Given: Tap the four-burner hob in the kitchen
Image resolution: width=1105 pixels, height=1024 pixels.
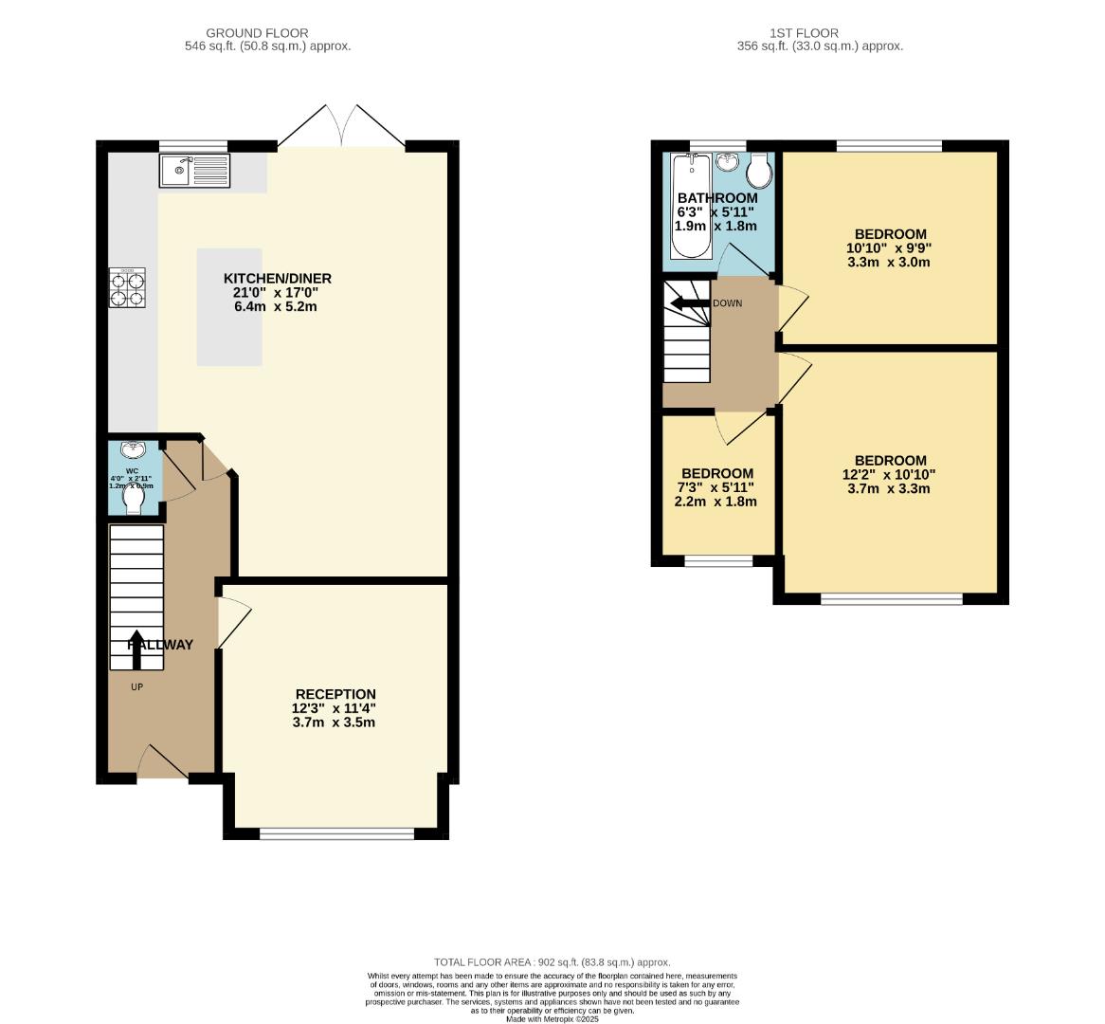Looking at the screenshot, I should (x=127, y=287).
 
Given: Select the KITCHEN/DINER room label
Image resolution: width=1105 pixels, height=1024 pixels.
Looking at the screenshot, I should (x=277, y=278).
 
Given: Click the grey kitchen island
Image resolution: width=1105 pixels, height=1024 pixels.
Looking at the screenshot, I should (x=229, y=307).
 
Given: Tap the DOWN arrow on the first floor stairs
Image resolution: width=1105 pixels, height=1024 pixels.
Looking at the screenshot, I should (x=689, y=303).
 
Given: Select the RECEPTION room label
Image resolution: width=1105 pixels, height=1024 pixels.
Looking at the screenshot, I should (x=335, y=694).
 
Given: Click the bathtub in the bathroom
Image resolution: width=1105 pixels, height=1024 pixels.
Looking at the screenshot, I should (x=690, y=207).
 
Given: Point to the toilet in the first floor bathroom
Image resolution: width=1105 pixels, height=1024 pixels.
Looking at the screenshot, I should (x=759, y=172).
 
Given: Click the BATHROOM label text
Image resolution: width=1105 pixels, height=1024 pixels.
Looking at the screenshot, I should (x=717, y=198).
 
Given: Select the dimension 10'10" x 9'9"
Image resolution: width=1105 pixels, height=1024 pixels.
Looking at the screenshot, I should (x=889, y=248).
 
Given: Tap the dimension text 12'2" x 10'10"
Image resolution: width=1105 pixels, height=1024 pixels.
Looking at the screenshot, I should (x=889, y=475).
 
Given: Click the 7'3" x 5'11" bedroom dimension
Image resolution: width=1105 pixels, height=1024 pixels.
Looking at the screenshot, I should (x=716, y=487).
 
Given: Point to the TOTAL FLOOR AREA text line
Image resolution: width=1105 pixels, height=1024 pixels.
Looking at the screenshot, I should (x=552, y=961).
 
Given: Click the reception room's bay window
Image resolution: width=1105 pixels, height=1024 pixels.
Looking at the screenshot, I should (x=336, y=834).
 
